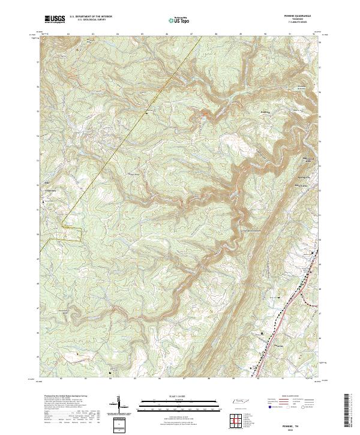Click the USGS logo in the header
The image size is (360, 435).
coord(54,20)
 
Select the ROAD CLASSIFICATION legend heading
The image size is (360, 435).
coord(288,397)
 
